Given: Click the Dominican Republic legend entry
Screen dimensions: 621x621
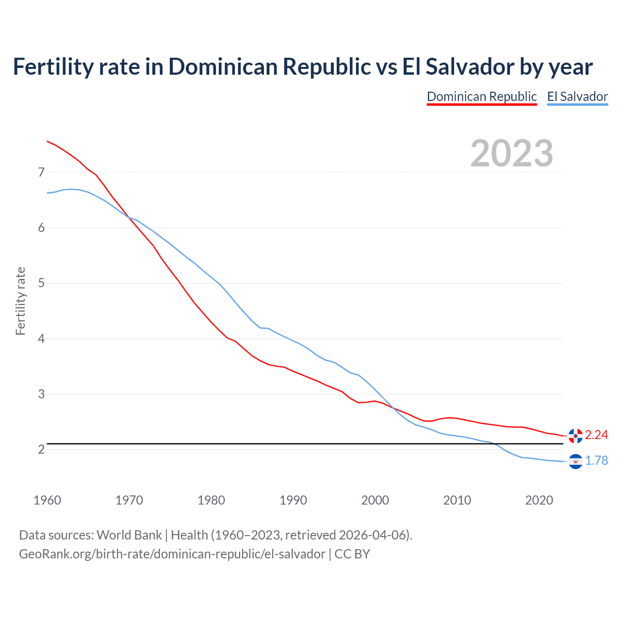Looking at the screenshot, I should [x=481, y=97].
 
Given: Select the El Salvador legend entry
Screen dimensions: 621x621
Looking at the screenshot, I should [x=577, y=97].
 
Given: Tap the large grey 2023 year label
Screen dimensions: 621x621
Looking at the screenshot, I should [x=511, y=153].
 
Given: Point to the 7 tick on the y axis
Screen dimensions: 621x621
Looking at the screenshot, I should [x=41, y=172].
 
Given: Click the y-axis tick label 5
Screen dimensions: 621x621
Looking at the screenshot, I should [x=41, y=283].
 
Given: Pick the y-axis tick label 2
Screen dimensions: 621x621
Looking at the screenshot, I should [x=41, y=449].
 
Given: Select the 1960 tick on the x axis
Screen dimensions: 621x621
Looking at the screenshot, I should [x=47, y=500].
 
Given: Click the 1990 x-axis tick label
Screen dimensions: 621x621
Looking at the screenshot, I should [x=293, y=500].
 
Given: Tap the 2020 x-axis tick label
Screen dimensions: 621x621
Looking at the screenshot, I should [x=539, y=500].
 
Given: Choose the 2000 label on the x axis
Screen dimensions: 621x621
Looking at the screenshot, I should [x=375, y=500].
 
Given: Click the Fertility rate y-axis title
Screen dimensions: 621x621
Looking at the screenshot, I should [x=20, y=301].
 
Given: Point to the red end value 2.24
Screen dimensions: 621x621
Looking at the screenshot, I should [x=596, y=435].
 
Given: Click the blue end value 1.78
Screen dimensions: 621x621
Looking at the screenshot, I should [x=596, y=460].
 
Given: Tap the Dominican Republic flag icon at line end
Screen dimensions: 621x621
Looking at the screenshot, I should [x=575, y=436].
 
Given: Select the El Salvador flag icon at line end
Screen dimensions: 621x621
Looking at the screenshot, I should [x=575, y=461].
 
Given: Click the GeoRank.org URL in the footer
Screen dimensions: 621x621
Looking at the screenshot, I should [x=172, y=554].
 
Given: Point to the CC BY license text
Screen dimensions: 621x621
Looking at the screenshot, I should [x=352, y=554].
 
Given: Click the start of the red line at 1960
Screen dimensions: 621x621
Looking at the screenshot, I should [x=48, y=141].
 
